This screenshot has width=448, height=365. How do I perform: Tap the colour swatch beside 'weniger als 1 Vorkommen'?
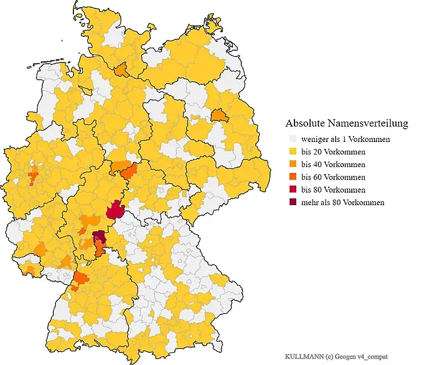pos(293,139)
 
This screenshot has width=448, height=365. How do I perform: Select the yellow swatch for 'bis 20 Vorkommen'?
pos(293,151)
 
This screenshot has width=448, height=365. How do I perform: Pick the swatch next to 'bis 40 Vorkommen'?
pos(293,164)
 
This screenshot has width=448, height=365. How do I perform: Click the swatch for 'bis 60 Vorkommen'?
pos(293,177)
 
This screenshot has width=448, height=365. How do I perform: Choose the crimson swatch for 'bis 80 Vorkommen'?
pos(293,190)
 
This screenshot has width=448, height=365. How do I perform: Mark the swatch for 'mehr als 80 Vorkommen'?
pos(293,202)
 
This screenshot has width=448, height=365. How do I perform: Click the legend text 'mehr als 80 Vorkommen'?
pos(342,202)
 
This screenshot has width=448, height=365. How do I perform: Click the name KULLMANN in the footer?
pos(303,355)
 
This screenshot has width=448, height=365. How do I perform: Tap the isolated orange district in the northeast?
pos(219,115)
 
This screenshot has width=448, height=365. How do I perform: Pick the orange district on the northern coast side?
pos(121,70)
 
